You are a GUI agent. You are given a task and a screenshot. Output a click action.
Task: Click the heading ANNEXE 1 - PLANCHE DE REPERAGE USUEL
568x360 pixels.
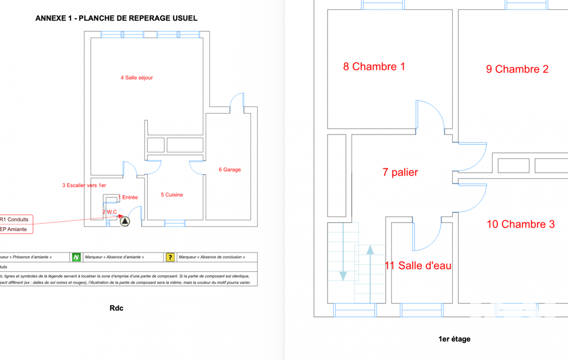click(116, 18)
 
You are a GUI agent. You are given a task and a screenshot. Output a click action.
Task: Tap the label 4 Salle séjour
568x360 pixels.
click(137, 78)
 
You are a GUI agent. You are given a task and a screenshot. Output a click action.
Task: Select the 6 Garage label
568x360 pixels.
click(229, 169)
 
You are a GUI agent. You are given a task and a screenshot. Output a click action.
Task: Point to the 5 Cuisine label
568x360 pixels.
click(172, 195)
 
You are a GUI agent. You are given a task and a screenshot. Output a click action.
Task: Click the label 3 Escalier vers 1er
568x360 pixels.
click(84, 186)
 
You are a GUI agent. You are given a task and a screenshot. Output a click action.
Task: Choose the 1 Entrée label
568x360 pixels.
click(128, 197)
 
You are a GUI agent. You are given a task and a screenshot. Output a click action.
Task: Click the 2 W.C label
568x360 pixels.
click(110, 212)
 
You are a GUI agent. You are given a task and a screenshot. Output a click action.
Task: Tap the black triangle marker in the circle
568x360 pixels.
click(125, 222)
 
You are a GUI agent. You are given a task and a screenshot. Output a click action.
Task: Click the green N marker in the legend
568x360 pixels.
click(76, 257)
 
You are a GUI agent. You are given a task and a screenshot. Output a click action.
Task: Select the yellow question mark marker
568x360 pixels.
click(170, 257)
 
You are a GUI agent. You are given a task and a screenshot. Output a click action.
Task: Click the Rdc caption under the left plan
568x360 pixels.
click(116, 308)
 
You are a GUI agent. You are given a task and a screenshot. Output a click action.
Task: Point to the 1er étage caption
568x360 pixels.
click(454, 339)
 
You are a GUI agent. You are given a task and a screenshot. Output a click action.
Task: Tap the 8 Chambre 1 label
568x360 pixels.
click(374, 66)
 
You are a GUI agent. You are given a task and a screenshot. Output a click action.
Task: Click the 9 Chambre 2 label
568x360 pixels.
click(517, 69)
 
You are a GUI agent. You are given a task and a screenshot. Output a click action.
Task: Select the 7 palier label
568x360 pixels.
click(400, 172)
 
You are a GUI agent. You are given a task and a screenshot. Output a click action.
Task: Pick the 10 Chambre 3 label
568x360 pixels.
click(520, 224)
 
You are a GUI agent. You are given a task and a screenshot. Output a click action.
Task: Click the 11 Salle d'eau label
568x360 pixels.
click(418, 266)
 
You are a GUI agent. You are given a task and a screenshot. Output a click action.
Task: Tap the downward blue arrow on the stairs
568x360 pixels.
click(343, 255)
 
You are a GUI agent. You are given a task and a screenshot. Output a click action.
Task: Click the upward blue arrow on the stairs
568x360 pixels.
click(370, 271)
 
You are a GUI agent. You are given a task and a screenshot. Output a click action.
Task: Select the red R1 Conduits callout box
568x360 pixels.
click(16, 219)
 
